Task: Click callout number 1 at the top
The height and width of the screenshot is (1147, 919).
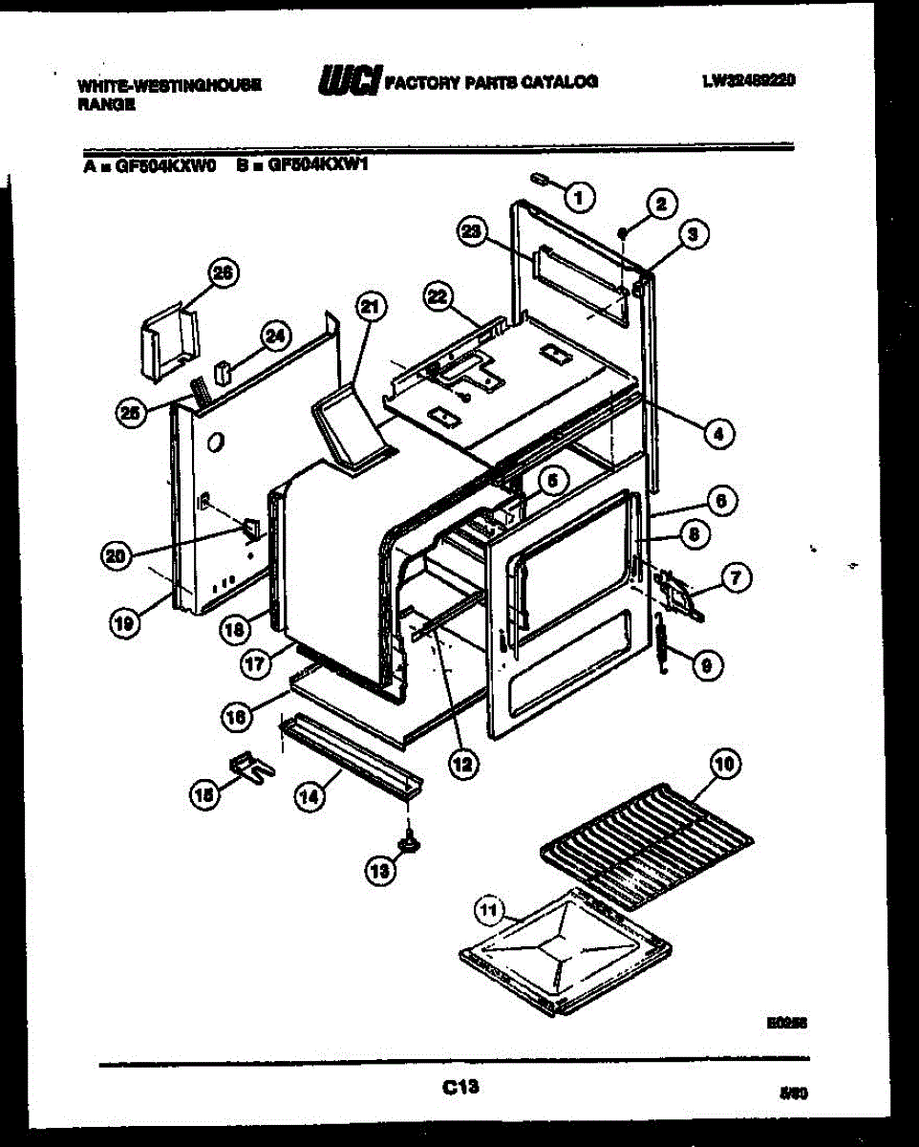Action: click(x=578, y=197)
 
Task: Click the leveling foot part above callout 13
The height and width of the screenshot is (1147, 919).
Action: click(x=411, y=840)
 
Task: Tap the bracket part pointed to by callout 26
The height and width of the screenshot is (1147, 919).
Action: click(x=169, y=340)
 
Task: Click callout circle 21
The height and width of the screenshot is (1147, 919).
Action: click(x=370, y=307)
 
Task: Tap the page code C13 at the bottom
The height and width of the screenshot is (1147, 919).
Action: click(x=459, y=1085)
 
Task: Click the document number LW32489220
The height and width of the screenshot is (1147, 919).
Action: click(x=749, y=82)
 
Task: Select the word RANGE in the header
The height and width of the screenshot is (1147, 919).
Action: click(x=107, y=106)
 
